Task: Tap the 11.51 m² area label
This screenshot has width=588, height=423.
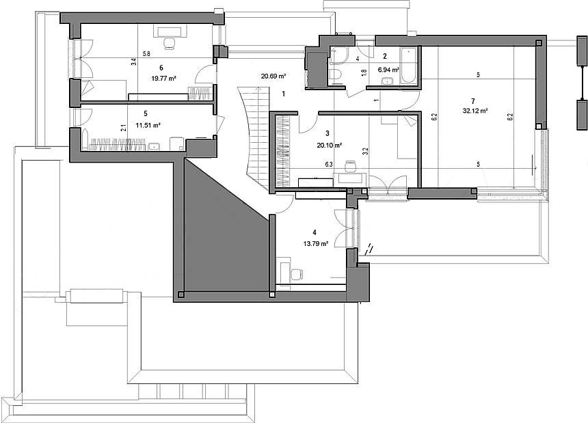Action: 148,126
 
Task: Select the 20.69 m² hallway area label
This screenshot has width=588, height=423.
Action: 273,76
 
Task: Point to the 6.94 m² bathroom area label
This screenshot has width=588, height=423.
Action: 388,70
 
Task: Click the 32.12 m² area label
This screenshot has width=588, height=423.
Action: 475,111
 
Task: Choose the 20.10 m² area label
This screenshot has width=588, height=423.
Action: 329,146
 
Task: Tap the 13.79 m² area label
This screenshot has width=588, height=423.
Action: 316,243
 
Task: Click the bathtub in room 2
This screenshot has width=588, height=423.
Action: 408,66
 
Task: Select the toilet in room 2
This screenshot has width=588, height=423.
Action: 335,75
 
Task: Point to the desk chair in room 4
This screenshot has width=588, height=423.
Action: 297,275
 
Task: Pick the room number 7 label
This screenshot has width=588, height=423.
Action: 473,101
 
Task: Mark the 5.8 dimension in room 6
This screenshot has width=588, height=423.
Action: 146,54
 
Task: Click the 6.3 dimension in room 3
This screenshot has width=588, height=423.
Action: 329,164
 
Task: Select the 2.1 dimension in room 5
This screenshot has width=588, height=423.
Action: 123,128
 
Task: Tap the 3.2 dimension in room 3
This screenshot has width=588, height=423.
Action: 366,152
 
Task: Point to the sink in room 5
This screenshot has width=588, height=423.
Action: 154,146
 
